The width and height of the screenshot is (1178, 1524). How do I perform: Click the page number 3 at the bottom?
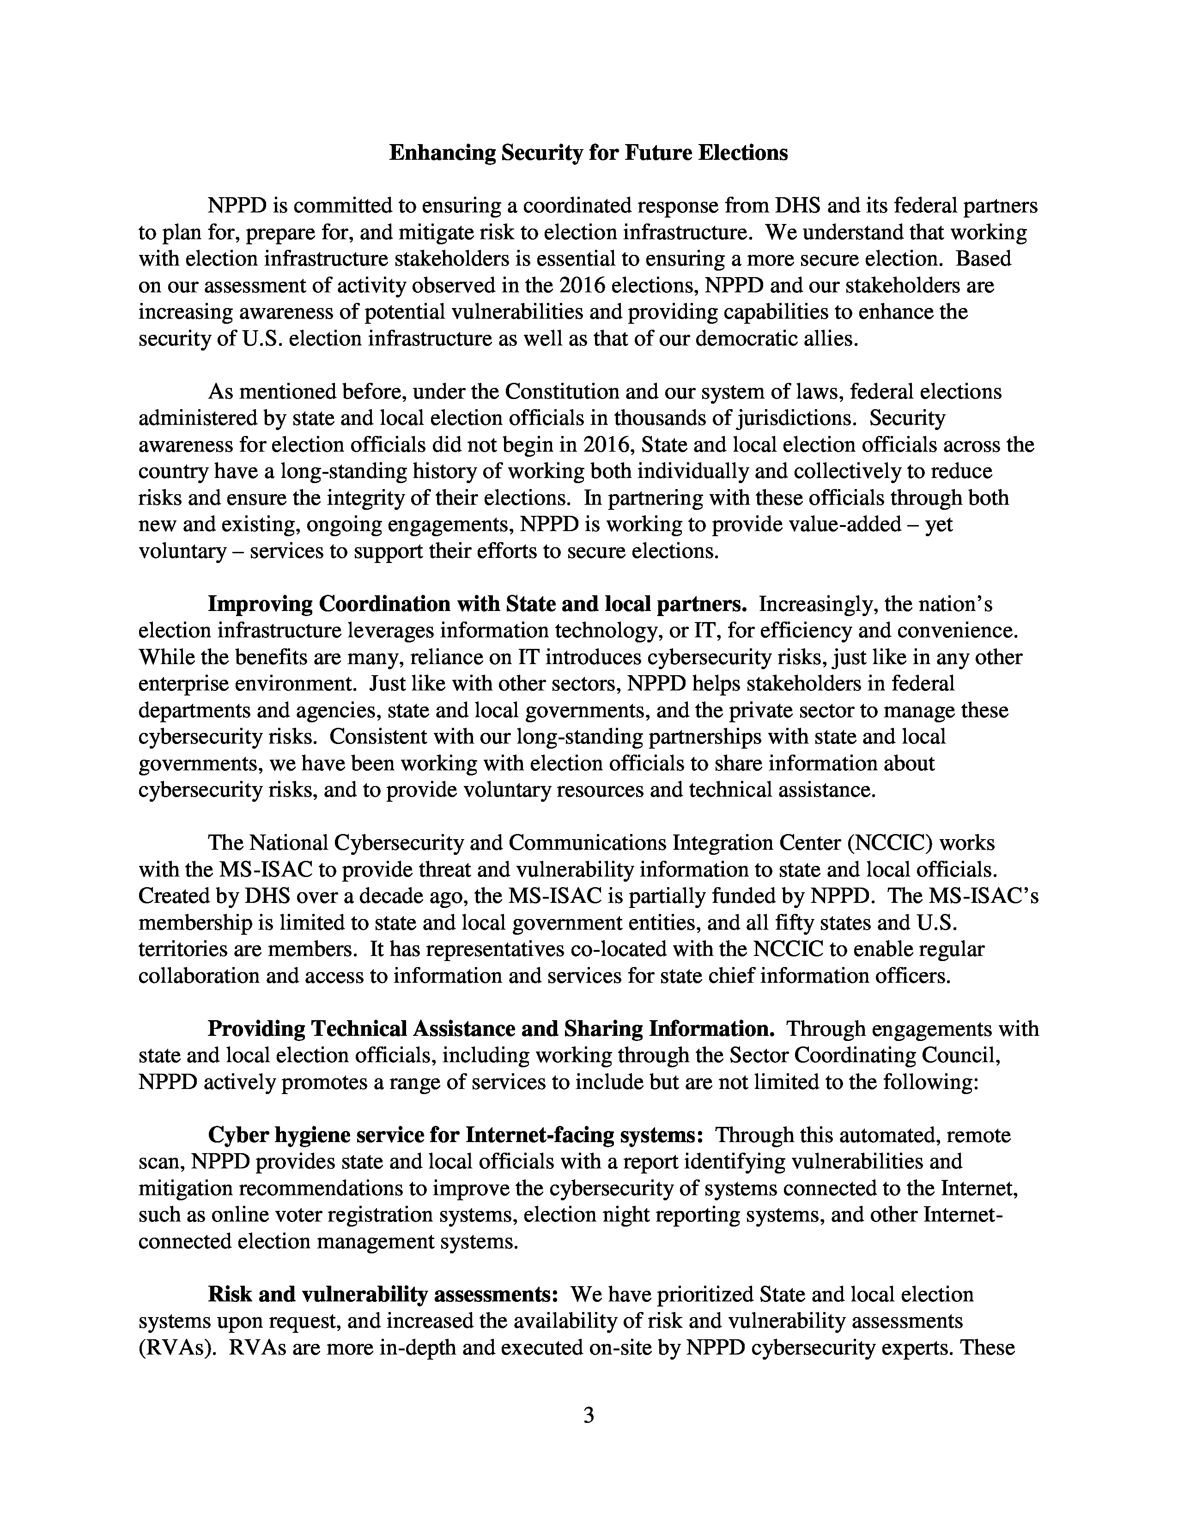[x=588, y=1416]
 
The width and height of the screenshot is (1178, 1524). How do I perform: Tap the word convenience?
[x=958, y=631]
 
